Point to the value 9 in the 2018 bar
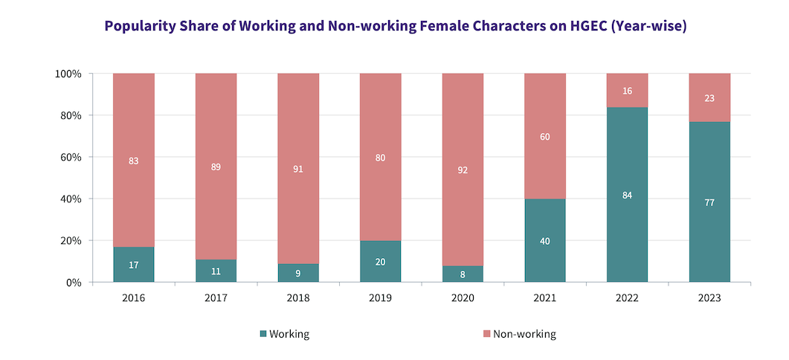pos(298,272)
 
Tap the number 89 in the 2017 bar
pos(216,167)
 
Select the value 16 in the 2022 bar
pos(627,91)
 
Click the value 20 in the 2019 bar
pos(380,261)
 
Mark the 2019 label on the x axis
pos(380,298)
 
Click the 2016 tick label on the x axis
pos(133,298)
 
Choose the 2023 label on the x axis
pos(709,298)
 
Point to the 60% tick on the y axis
pos(70,157)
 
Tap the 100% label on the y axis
pos(68,74)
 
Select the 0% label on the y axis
pos(73,283)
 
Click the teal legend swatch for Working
pos(263,334)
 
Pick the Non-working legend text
pos(524,334)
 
